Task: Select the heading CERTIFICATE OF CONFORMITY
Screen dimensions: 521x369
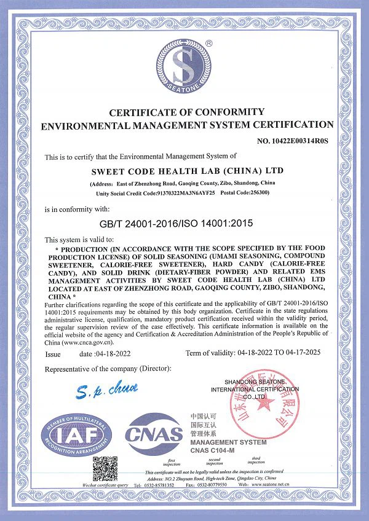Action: [x=187, y=112]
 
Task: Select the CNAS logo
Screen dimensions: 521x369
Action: [x=154, y=436]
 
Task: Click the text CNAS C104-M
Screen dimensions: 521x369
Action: [x=213, y=450]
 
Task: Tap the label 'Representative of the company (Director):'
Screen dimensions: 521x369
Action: [x=108, y=369]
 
